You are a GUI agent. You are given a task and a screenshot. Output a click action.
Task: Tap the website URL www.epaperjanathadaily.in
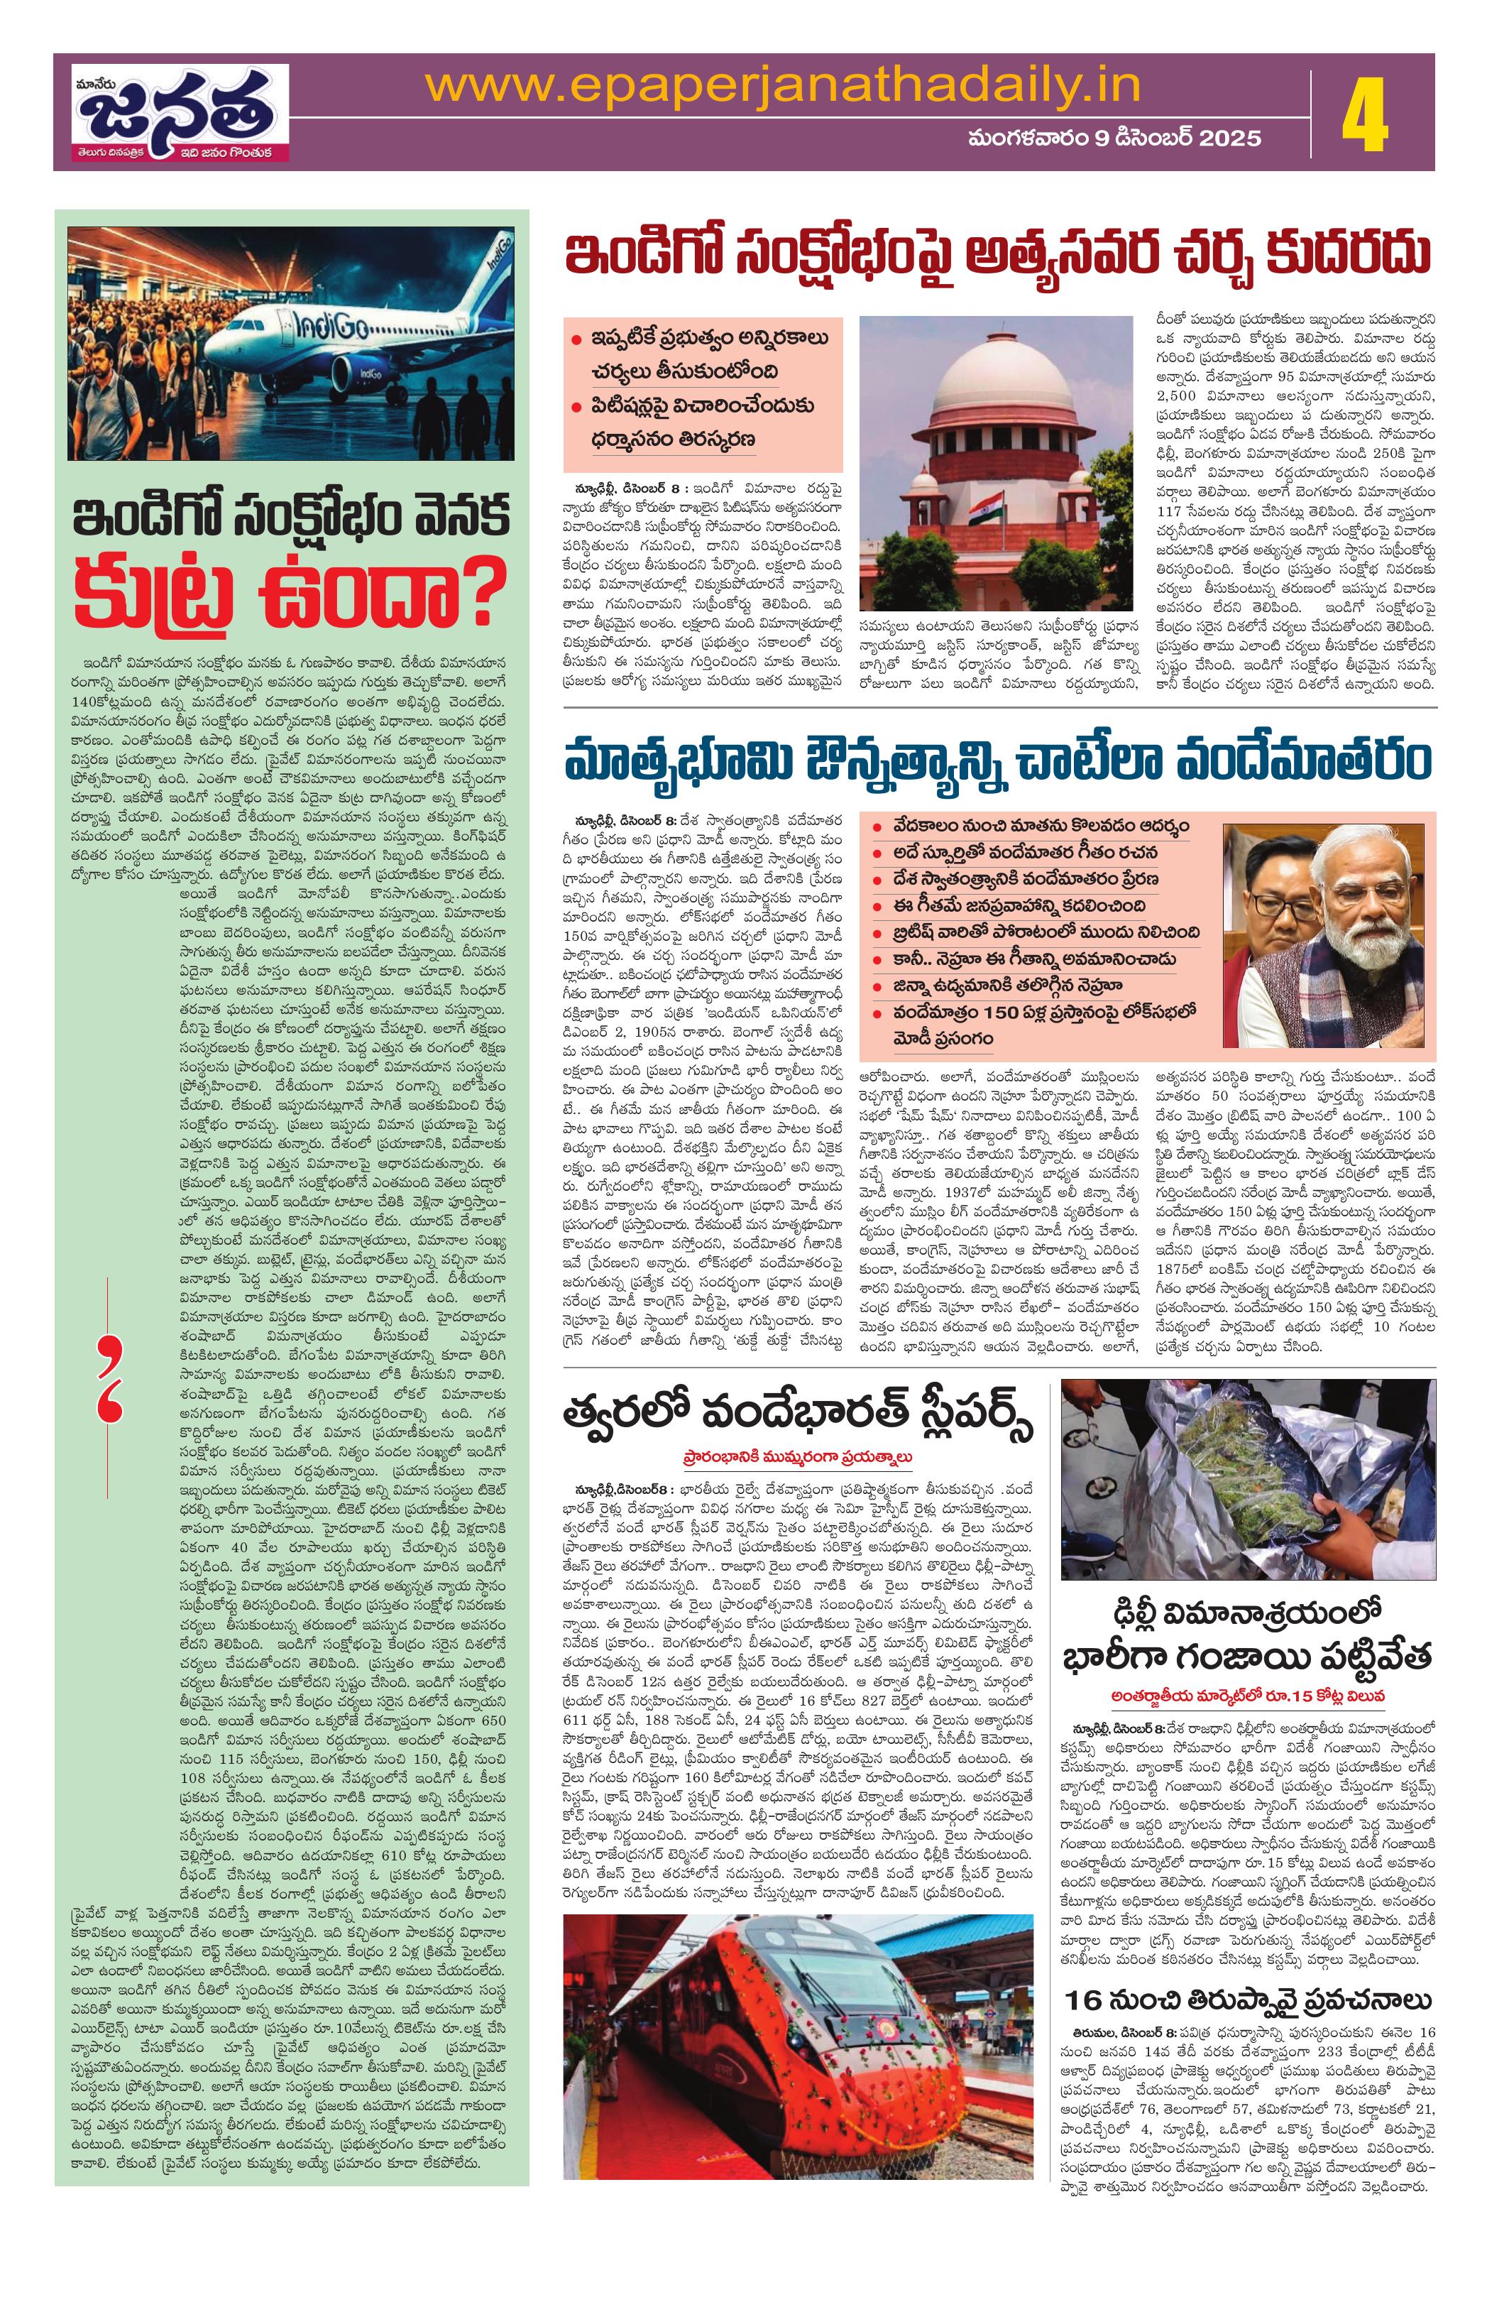[x=782, y=87]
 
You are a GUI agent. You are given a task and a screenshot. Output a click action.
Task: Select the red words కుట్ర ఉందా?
[x=291, y=607]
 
